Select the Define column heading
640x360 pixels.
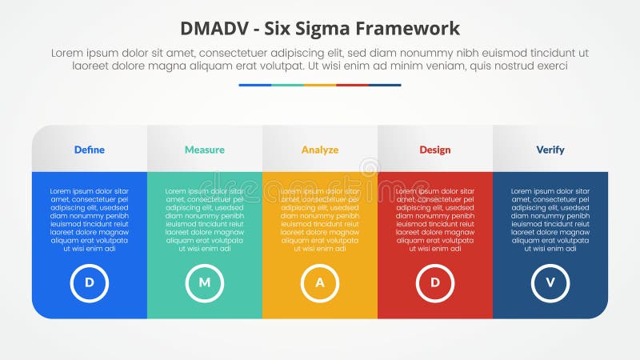coord(90,150)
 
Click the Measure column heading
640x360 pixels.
coord(205,150)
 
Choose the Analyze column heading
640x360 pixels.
coord(320,150)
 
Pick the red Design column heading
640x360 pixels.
coord(435,150)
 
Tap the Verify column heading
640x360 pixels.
coord(550,150)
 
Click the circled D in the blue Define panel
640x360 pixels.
coord(90,282)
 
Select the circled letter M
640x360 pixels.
coord(205,282)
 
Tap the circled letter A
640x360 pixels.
coord(320,282)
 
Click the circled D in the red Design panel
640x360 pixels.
coord(435,282)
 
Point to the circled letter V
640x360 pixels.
coord(550,282)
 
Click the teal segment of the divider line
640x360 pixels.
coord(287,85)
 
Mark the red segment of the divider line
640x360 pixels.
coord(352,85)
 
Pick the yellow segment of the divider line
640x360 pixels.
coord(320,85)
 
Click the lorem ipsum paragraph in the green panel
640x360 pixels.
coord(205,220)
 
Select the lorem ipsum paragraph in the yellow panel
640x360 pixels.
coord(320,220)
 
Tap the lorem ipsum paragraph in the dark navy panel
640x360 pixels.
coord(550,220)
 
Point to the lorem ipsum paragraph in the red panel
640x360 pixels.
coord(435,220)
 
